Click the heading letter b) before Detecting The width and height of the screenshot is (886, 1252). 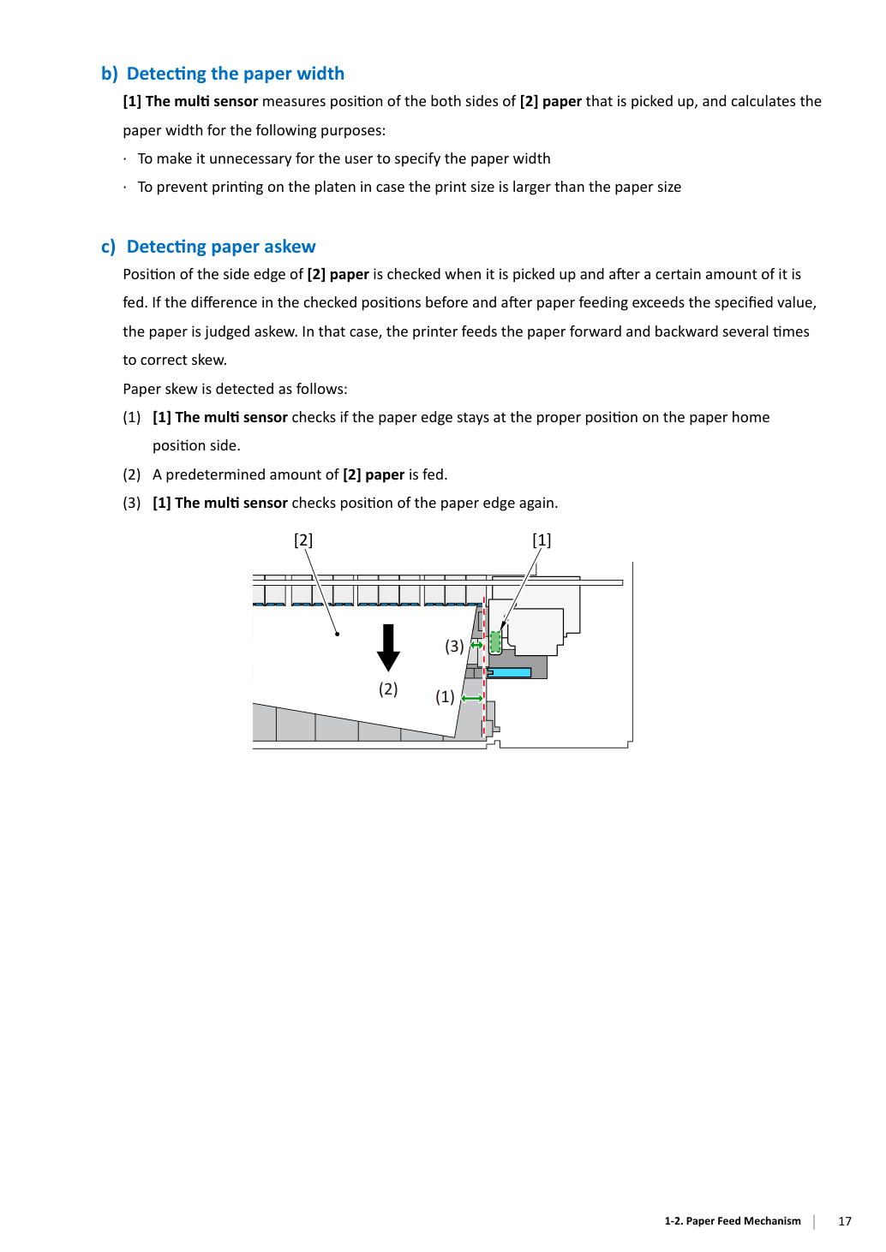[x=110, y=74]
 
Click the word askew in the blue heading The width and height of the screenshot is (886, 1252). [x=288, y=247]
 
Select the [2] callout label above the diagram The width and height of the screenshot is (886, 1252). [x=303, y=540]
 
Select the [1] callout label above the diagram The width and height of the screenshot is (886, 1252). [x=542, y=540]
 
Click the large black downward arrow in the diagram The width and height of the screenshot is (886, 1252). [x=388, y=647]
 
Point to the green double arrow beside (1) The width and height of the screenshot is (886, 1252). [x=472, y=698]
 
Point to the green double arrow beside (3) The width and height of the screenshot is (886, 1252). [x=476, y=645]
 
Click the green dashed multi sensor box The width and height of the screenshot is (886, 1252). [x=495, y=642]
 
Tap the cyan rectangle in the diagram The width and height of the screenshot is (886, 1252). [x=509, y=672]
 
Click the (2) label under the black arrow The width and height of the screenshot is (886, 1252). [x=388, y=689]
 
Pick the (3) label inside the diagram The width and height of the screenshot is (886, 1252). [x=454, y=646]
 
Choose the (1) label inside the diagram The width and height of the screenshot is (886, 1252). [x=446, y=696]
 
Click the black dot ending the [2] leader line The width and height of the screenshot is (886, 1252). [x=337, y=634]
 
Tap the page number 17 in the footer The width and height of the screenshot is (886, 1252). [x=845, y=1221]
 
